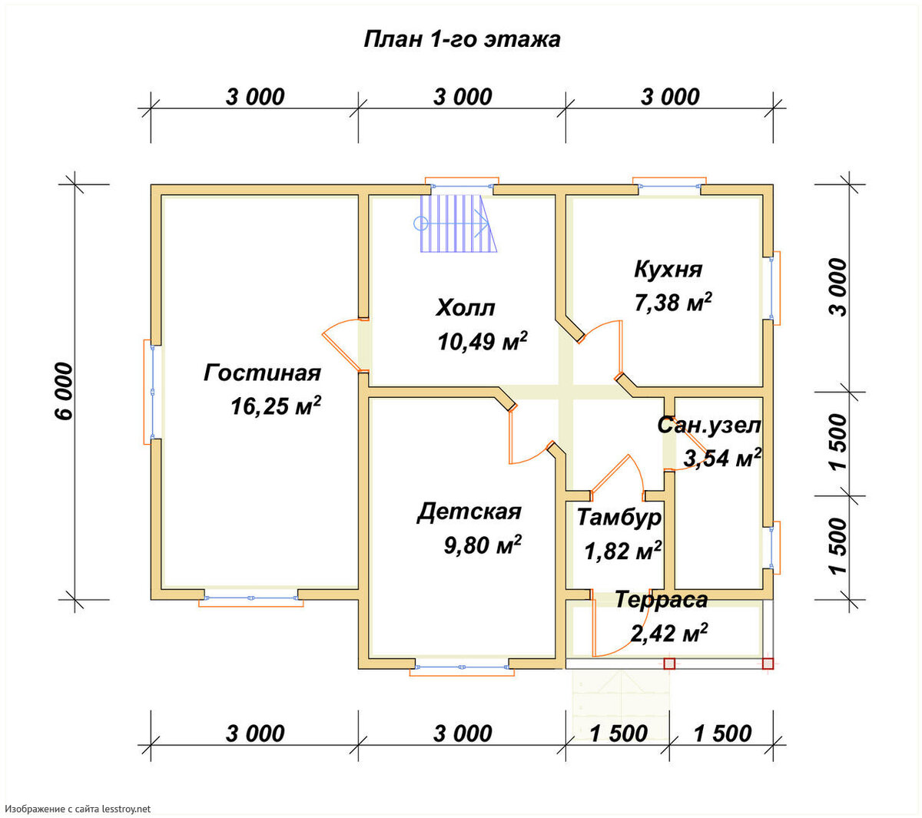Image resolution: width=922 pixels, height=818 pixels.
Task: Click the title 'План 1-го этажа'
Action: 462,40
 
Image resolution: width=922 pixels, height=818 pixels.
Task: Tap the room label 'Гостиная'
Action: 262,373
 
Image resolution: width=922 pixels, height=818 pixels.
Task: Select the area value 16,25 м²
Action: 276,406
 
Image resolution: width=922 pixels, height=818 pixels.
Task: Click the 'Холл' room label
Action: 465,308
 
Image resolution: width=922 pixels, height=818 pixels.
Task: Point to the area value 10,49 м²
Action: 483,341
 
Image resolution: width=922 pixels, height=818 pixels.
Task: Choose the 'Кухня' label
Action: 668,269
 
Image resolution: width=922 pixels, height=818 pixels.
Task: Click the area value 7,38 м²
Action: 672,302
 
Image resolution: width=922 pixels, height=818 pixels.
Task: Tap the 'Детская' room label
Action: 469,512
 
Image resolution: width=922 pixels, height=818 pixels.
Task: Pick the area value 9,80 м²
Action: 483,545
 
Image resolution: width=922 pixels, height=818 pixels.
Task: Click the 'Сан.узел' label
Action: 709,426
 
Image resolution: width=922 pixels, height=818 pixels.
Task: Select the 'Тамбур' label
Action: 619,517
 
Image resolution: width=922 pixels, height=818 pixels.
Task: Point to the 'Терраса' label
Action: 662,600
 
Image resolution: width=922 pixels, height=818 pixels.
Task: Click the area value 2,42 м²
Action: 669,632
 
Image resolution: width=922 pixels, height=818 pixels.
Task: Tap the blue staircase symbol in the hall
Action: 455,224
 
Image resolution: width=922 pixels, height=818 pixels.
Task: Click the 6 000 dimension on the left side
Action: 65,392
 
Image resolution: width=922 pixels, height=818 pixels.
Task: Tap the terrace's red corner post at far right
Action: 768,664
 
